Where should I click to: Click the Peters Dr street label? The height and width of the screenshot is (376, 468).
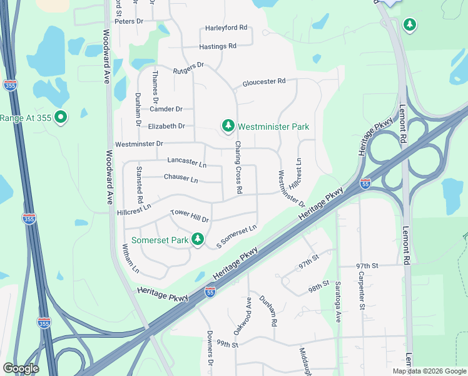coord(130,21)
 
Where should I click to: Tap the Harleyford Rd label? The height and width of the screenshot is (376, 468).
coord(226,28)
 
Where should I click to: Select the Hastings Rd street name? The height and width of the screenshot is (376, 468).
coord(217,46)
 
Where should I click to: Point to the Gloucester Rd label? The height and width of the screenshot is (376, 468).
coord(264,81)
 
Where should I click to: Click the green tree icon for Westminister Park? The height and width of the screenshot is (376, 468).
coord(228,127)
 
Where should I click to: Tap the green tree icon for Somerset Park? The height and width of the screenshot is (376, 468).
coord(198,239)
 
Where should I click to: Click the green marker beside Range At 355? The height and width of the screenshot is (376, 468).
coord(61,117)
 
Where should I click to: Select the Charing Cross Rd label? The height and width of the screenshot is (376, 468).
coord(238,167)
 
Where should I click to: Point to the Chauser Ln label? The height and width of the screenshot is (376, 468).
coord(181,178)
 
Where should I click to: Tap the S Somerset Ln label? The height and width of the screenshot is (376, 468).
coord(237,236)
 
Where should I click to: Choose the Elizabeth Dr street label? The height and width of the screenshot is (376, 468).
coord(166,126)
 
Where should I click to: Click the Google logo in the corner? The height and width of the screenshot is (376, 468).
coord(21,368)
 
